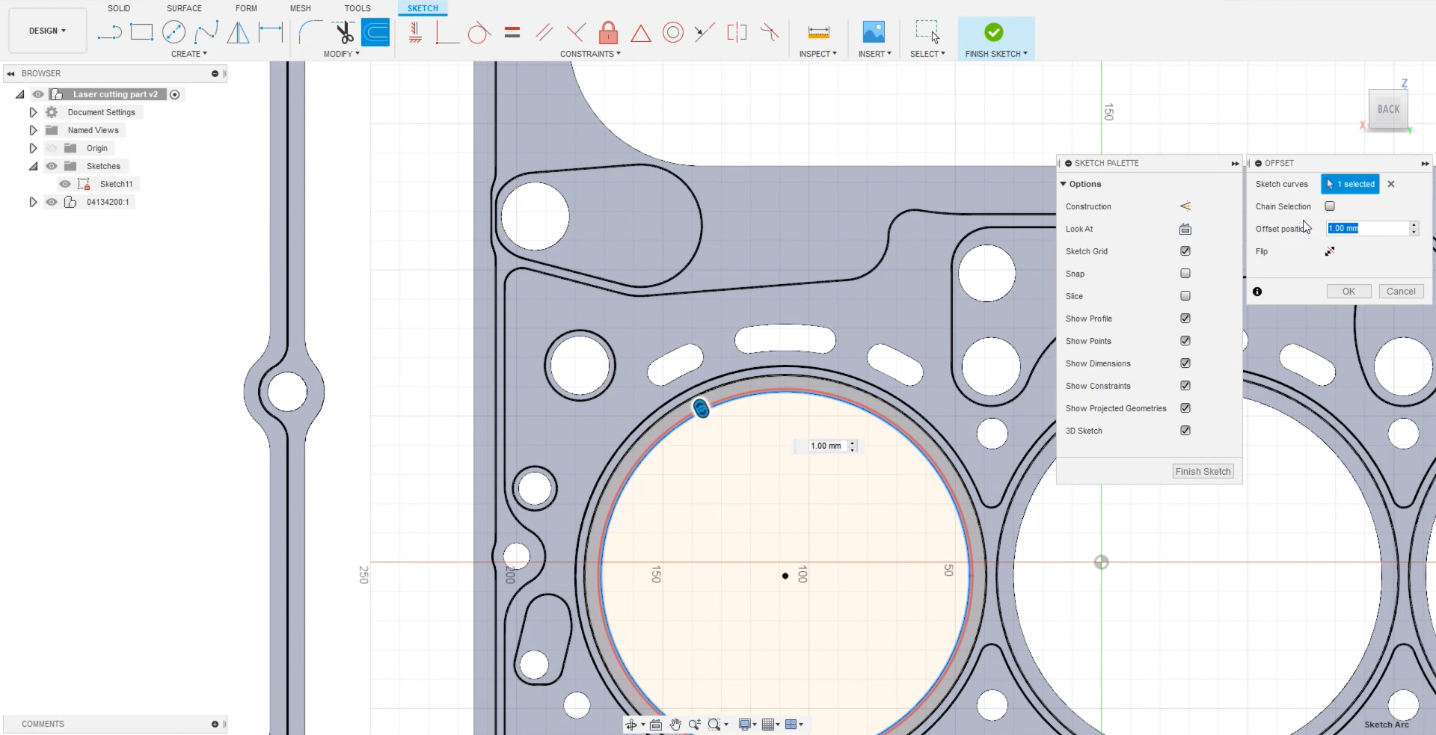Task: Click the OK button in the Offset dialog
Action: [1348, 292]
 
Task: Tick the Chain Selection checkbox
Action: [1330, 206]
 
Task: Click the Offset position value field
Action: [1366, 229]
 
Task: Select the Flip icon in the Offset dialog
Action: [1330, 251]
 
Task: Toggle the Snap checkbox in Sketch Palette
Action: [1185, 274]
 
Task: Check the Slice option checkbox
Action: [1185, 296]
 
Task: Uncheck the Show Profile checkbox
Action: [1185, 319]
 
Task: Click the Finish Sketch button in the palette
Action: [1203, 471]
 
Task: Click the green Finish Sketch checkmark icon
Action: [993, 32]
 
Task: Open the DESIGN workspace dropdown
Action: [48, 31]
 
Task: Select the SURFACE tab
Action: [184, 8]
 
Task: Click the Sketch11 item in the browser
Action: [116, 184]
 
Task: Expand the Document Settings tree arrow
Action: [33, 112]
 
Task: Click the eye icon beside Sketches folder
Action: [52, 166]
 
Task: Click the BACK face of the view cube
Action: [1388, 109]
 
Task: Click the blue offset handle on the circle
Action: [701, 409]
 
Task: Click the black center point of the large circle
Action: [785, 576]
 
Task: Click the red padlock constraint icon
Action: [608, 33]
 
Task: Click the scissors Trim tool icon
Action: [344, 33]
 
